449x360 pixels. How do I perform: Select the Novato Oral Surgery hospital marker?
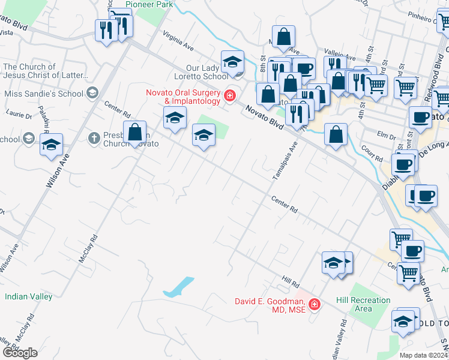coord(229,95)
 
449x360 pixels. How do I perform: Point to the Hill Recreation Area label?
coord(363,304)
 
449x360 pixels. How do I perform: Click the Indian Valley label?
coord(28,296)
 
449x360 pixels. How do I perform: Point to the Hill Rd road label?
coord(291,281)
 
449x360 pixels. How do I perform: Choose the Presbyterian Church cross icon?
coord(93,139)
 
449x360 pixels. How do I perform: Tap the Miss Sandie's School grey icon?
coord(92,93)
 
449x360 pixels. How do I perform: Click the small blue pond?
coord(179,286)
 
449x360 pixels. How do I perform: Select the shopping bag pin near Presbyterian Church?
coord(136,131)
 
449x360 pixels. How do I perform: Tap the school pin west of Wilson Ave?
coord(51,144)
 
